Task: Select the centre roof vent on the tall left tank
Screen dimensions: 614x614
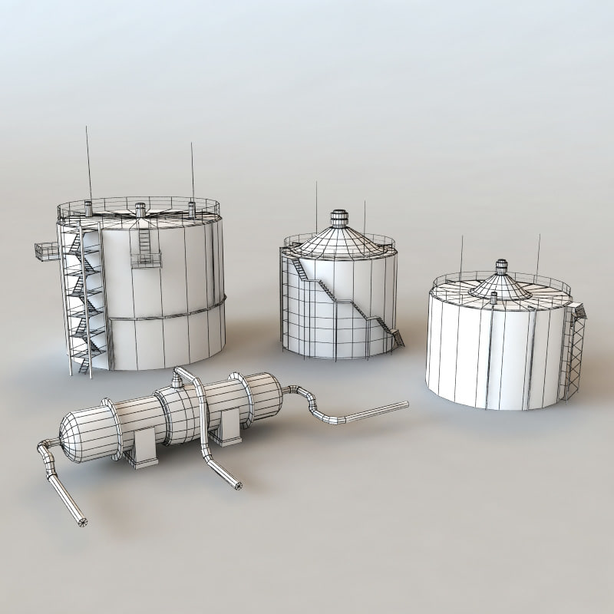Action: (x=140, y=208)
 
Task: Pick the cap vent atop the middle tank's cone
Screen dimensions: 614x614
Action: (x=338, y=217)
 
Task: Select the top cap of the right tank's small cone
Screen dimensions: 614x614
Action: (x=501, y=266)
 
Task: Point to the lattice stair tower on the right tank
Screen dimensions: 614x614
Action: (x=573, y=353)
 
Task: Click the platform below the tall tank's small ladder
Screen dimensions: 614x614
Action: (x=146, y=262)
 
